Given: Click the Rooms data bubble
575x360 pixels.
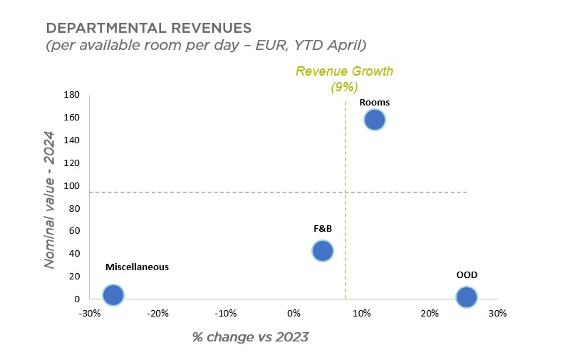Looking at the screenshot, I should [375, 120].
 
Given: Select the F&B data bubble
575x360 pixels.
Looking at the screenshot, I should [323, 251].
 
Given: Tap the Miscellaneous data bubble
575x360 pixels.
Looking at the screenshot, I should [113, 294].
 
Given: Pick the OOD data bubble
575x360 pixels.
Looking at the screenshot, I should [466, 297].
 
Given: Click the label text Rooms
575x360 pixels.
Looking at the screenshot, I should [374, 103].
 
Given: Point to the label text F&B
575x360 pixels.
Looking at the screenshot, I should [323, 230].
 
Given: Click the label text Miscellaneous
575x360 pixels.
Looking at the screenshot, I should [137, 267].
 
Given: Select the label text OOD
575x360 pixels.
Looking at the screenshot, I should [467, 275].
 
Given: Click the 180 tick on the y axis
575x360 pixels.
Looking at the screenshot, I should [71, 95].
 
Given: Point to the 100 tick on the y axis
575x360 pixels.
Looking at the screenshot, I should [71, 186].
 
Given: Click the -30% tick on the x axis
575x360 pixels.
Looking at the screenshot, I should [89, 314].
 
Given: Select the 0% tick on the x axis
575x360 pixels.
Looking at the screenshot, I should [294, 314].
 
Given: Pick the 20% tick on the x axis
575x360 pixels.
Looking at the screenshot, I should [429, 314].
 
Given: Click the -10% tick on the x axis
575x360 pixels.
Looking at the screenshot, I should [226, 314].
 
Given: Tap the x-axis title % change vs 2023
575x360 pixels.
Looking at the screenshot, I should [250, 337].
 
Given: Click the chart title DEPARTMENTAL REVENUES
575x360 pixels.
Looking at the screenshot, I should [148, 29].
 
